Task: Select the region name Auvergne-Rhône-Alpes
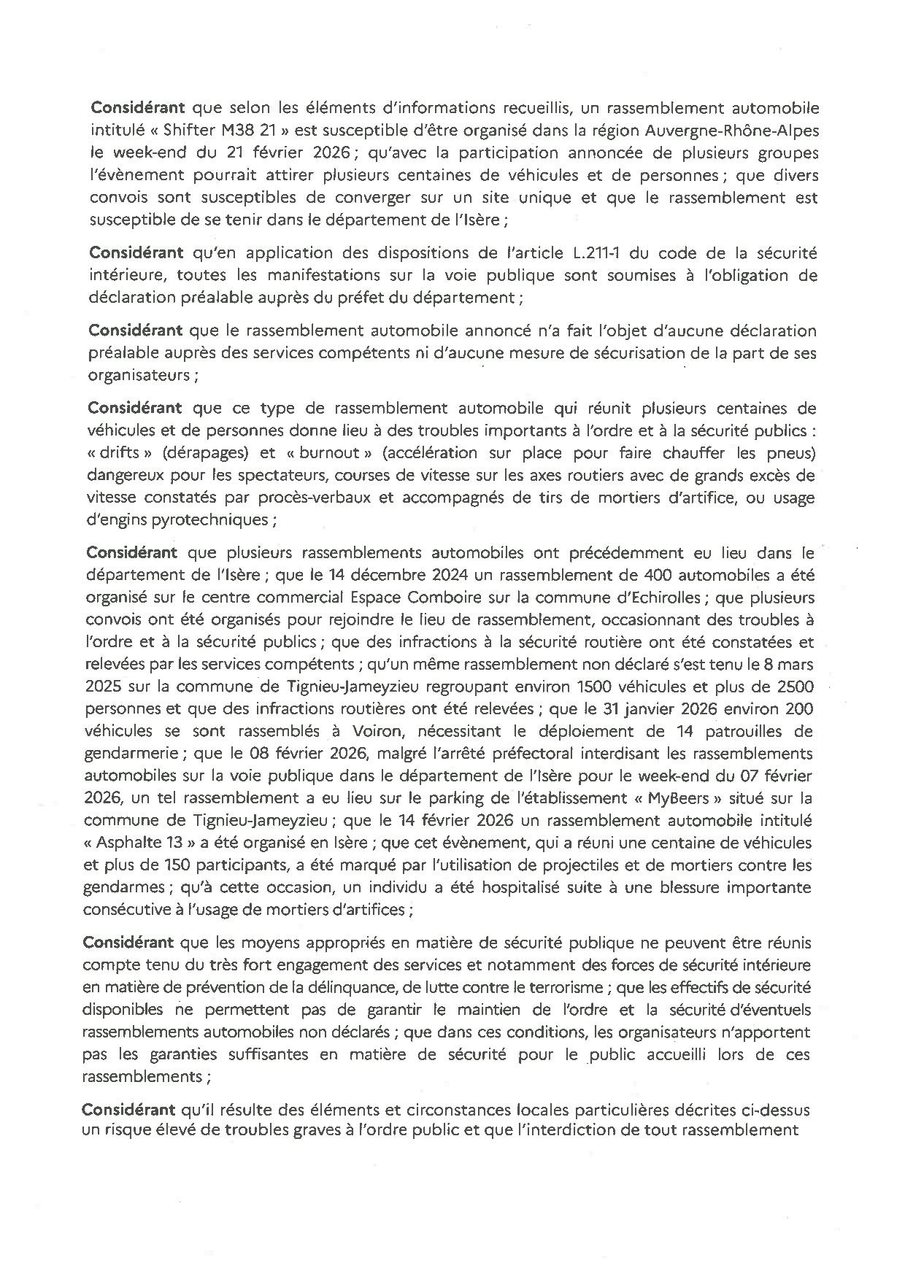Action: point(736,131)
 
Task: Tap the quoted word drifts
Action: point(115,453)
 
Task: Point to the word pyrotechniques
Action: point(220,519)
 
